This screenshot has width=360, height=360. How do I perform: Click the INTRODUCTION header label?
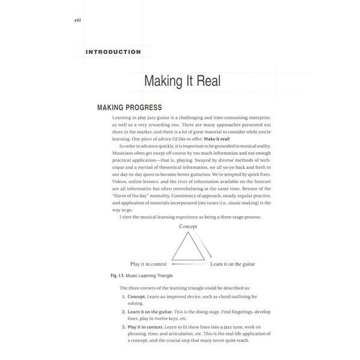tap(113, 52)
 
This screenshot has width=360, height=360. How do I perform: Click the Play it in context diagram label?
tap(148, 263)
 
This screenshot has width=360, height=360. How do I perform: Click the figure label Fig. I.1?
tap(105, 275)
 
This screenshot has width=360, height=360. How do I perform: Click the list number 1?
tap(123, 296)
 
